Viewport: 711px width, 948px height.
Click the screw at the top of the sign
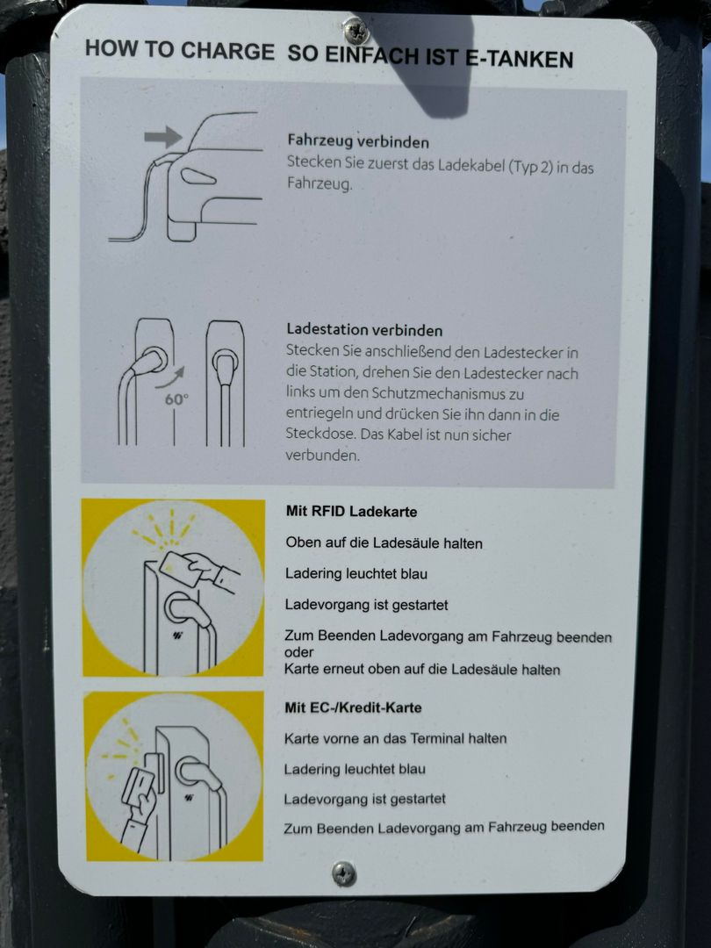(x=355, y=30)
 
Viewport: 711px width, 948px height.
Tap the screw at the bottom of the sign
(x=344, y=873)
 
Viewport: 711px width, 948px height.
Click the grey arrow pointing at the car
(x=163, y=137)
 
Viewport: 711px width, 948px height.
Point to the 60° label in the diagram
(x=176, y=399)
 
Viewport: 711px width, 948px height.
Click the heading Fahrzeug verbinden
(x=358, y=141)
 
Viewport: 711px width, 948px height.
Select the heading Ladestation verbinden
(x=364, y=329)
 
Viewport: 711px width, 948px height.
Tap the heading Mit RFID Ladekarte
(x=351, y=512)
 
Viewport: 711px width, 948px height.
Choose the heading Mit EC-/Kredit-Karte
(x=353, y=707)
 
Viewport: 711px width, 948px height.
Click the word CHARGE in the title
(x=226, y=52)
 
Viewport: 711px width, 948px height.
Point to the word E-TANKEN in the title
(x=519, y=59)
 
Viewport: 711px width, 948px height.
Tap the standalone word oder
(x=298, y=652)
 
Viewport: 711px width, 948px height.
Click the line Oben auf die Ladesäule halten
(x=384, y=543)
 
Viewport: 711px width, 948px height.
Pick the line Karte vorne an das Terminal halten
(x=395, y=738)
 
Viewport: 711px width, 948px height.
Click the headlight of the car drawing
(x=198, y=176)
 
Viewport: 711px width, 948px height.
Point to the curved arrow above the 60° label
(x=170, y=377)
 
